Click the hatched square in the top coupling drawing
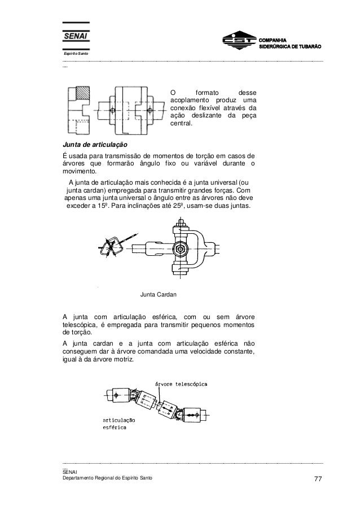pyautogui.click(x=84, y=94)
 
